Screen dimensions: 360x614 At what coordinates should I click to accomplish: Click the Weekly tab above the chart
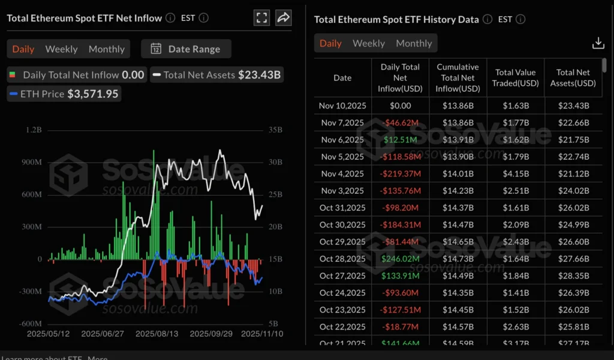point(61,49)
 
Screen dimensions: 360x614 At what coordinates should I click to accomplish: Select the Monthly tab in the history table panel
point(414,43)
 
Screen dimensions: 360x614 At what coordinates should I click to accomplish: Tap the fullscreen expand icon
point(261,17)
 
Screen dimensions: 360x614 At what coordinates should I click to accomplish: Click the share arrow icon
point(283,17)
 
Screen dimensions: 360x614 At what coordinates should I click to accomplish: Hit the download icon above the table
point(598,43)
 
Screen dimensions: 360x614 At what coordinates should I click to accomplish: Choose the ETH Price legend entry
point(64,94)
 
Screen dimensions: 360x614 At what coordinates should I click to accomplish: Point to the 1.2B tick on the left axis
point(34,130)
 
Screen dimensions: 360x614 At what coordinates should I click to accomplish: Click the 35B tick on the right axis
point(275,130)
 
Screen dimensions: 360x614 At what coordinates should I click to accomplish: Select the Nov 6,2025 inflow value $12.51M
point(400,140)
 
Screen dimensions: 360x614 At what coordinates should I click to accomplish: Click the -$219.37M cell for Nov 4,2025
point(400,174)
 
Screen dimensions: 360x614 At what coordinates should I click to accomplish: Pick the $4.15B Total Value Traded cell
point(516,174)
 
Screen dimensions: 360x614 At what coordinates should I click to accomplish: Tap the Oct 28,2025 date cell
point(342,259)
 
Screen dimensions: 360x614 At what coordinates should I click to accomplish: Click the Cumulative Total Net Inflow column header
point(458,78)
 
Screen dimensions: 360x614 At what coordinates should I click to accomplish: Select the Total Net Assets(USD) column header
point(573,78)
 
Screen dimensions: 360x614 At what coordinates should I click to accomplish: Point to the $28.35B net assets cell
point(573,276)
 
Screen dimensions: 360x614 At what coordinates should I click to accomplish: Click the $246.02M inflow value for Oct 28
point(400,259)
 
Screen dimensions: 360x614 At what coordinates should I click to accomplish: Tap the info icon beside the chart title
point(170,18)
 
